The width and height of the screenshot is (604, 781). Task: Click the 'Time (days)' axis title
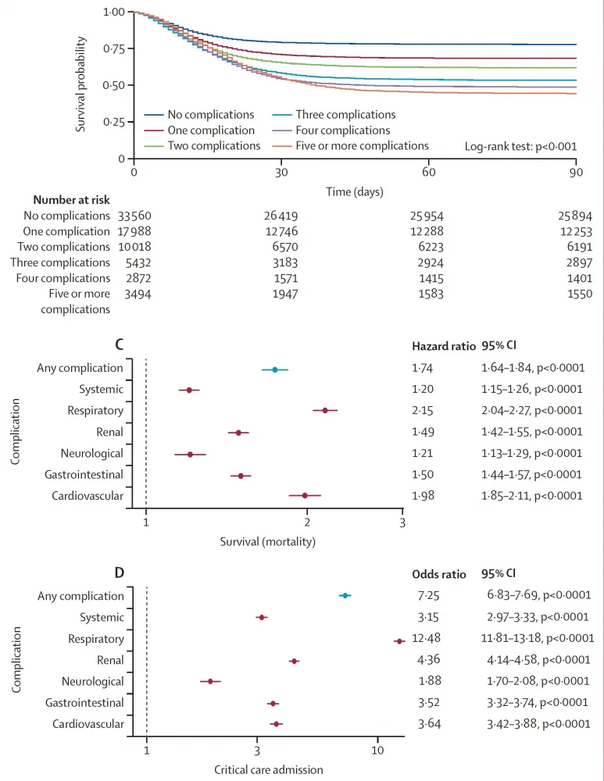tap(355, 191)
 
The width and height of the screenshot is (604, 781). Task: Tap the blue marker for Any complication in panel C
tap(274, 369)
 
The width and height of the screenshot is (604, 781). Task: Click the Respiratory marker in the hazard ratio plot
tap(325, 410)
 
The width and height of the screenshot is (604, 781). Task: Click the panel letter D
tap(120, 574)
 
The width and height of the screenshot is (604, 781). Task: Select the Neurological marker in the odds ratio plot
tap(210, 682)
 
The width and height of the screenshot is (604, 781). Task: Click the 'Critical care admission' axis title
tap(268, 769)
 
